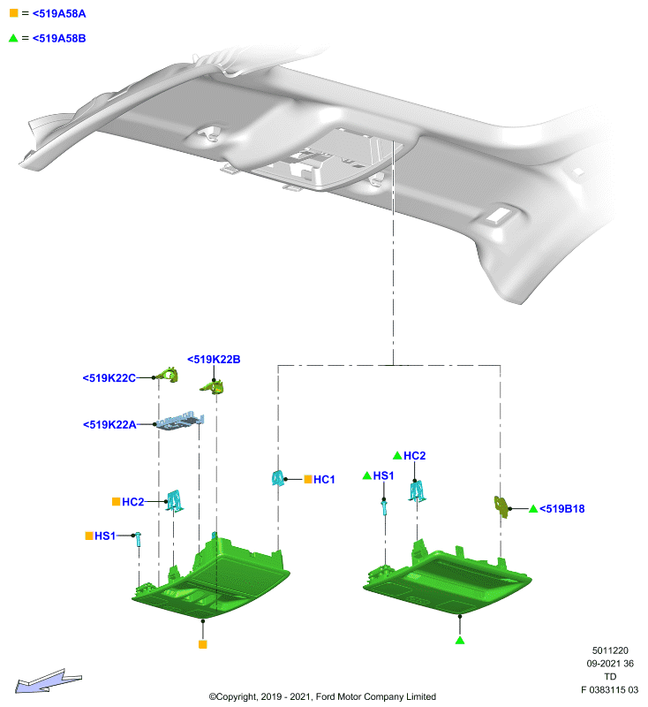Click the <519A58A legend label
(x=59, y=13)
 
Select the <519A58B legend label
(x=59, y=38)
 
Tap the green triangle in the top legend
(x=13, y=38)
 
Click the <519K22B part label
(x=214, y=360)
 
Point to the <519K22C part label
(x=109, y=378)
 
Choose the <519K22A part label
(x=109, y=425)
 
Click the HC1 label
(x=324, y=479)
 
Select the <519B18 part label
(x=562, y=509)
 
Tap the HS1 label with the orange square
(x=105, y=536)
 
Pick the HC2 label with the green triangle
(x=414, y=456)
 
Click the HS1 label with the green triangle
(x=383, y=475)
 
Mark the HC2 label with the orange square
(x=132, y=502)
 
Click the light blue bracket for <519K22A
(x=181, y=422)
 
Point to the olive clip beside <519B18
(x=501, y=506)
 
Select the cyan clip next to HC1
(x=278, y=478)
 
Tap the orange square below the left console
(x=203, y=644)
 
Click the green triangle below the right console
(x=460, y=640)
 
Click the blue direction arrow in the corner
(x=49, y=680)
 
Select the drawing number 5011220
(x=610, y=650)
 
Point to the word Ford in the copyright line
(x=327, y=696)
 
